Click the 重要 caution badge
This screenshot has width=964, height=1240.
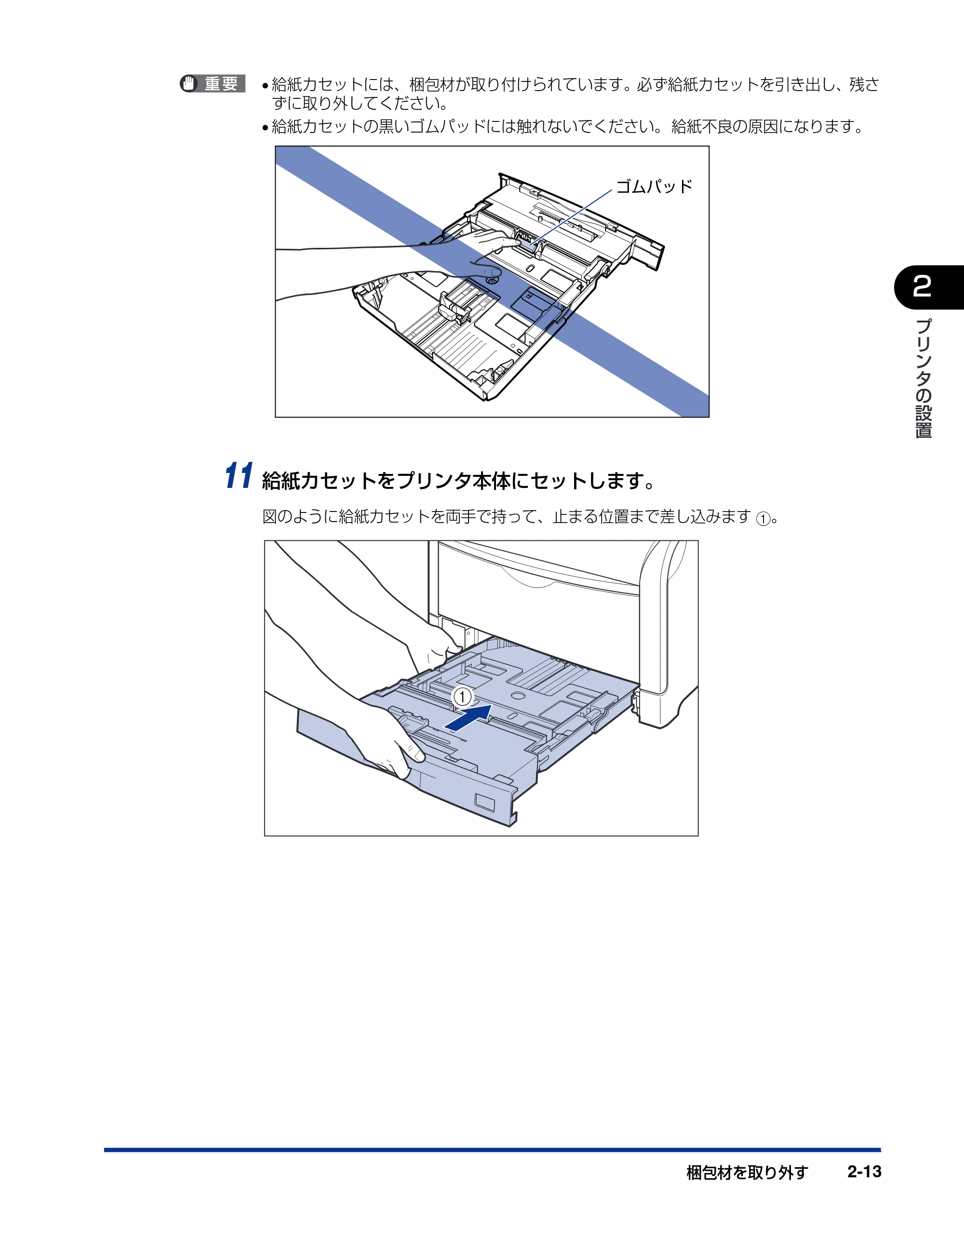point(213,83)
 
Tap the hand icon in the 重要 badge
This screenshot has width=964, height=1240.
point(188,83)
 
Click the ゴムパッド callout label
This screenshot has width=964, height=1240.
point(654,186)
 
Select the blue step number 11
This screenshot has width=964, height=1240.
point(239,476)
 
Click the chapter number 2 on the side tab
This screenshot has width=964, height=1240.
point(922,287)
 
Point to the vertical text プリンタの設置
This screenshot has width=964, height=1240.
point(924,378)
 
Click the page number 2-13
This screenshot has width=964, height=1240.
point(864,1172)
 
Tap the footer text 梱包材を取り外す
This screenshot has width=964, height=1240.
point(747,1172)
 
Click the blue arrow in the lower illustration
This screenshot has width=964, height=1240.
point(468,718)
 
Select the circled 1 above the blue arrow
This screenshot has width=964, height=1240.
point(462,697)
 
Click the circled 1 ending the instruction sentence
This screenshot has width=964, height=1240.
point(763,518)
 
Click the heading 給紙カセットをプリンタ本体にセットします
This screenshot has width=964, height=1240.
point(459,481)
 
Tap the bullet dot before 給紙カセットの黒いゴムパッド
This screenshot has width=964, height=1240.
point(265,128)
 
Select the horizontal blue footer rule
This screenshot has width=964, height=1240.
point(492,1150)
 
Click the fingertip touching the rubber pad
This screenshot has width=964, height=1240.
point(516,242)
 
